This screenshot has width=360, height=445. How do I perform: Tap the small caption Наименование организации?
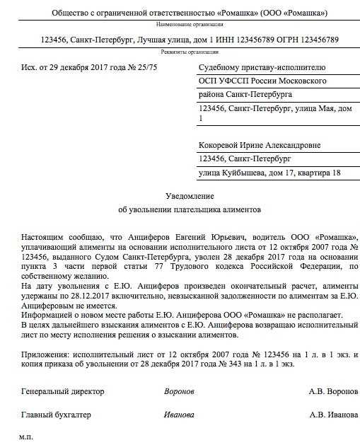point(180,24)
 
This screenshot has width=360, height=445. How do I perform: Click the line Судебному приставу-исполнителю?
point(262,67)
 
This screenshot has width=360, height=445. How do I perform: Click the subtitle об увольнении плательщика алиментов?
point(180,210)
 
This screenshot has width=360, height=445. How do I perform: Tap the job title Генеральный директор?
point(62,391)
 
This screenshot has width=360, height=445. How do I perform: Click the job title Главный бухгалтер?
point(57,415)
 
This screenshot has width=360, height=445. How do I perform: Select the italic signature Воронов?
point(179,391)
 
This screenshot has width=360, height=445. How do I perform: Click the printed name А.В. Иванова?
point(333,415)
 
